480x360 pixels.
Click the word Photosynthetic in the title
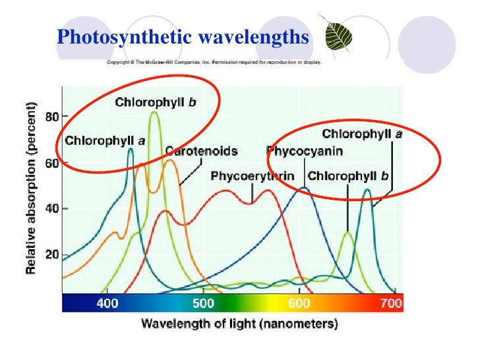coord(124,38)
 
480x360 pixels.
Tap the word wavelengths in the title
coord(253,38)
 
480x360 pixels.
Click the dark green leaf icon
coord(337,34)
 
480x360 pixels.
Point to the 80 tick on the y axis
coord(51,117)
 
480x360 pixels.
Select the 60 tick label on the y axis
coord(51,163)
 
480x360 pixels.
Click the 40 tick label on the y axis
coord(51,209)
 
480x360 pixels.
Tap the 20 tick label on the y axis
coord(51,255)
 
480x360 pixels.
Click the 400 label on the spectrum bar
coord(107,303)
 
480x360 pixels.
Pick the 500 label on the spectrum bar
coord(203,303)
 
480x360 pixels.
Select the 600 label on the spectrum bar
coord(299,303)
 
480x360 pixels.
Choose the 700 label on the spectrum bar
coord(391,303)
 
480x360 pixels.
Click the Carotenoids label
coord(202,151)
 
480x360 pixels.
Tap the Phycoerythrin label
coord(253,176)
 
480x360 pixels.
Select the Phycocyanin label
coord(305,151)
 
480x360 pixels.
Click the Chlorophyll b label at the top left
coord(156,102)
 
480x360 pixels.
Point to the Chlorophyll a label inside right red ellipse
coord(362,134)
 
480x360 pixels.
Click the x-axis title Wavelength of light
coord(239,324)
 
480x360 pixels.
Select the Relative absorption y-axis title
coord(31,188)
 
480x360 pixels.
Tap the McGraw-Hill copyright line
coord(214,63)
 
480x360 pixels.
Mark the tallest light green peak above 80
coord(154,113)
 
